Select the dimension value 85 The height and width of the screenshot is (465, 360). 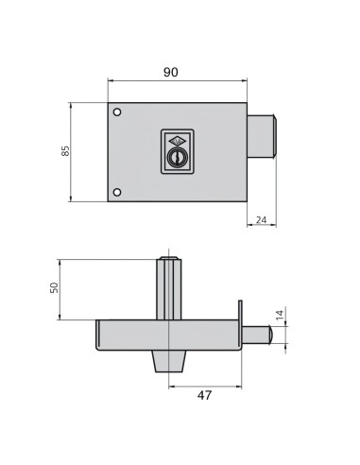(65, 151)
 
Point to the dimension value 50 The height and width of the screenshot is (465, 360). (54, 287)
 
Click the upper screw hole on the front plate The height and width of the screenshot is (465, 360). (117, 114)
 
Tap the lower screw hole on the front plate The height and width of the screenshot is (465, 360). (117, 193)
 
